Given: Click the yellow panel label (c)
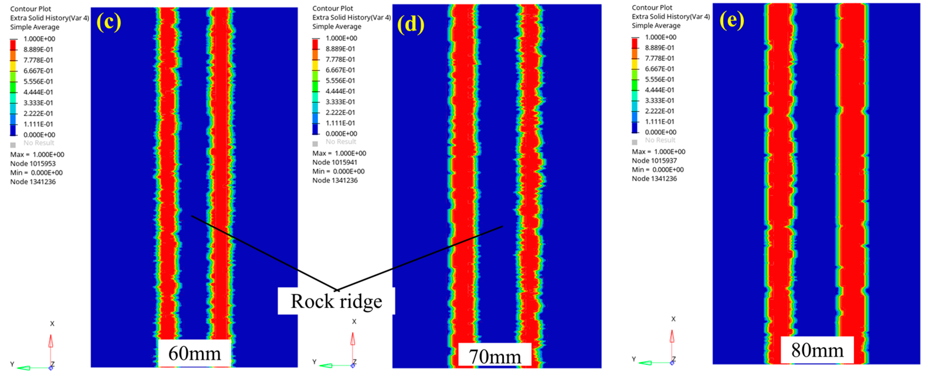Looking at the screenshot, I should (109, 22).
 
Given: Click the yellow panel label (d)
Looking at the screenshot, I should (411, 24).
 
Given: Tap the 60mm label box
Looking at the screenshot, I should (194, 353).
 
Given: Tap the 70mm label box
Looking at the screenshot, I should (495, 356).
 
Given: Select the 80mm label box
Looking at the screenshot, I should (817, 350).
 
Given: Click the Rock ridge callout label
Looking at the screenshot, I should (336, 301).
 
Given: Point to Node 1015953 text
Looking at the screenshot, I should (33, 163).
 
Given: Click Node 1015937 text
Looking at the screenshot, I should (654, 160).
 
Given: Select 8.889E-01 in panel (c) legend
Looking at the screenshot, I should (38, 49).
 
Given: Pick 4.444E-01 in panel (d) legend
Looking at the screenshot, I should (340, 91).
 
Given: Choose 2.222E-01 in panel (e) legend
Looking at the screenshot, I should (659, 111).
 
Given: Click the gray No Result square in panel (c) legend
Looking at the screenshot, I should (13, 145).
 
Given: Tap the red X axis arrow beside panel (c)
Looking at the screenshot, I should (51, 341).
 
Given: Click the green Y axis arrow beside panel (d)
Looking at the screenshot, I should (326, 366).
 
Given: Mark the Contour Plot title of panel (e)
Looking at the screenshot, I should (652, 8).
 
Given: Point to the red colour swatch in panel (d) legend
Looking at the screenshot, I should (315, 44).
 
